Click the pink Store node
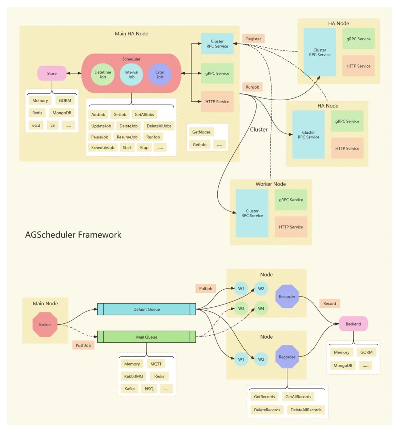click(52, 73)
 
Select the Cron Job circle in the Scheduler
click(160, 74)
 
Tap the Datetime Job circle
click(103, 74)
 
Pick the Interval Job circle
click(131, 74)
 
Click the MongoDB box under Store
click(62, 113)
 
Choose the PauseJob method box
click(100, 137)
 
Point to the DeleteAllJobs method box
click(159, 126)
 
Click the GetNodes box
click(201, 132)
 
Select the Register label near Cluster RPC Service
click(253, 39)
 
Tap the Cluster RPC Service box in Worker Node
click(252, 213)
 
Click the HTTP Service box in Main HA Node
click(217, 102)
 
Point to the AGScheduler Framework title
click(73, 235)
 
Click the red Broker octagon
click(45, 324)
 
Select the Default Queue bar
click(146, 309)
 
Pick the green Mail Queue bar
click(146, 337)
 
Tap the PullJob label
click(205, 289)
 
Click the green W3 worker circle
click(241, 308)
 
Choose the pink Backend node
click(353, 324)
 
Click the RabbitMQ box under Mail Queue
click(133, 376)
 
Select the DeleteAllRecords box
click(306, 410)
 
